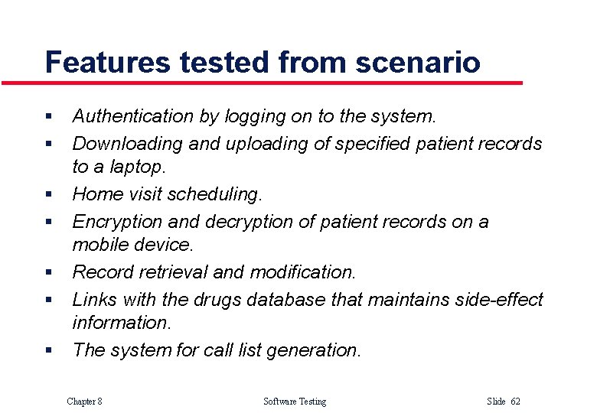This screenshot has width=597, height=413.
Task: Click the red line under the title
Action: click(x=260, y=83)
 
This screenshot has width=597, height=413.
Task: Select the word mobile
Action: click(x=98, y=245)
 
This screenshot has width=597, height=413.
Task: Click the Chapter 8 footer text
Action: click(x=84, y=402)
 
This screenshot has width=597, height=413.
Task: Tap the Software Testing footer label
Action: click(x=294, y=402)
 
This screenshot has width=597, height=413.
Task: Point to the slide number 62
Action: click(x=515, y=402)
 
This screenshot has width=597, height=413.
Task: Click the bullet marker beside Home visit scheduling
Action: click(x=48, y=195)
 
